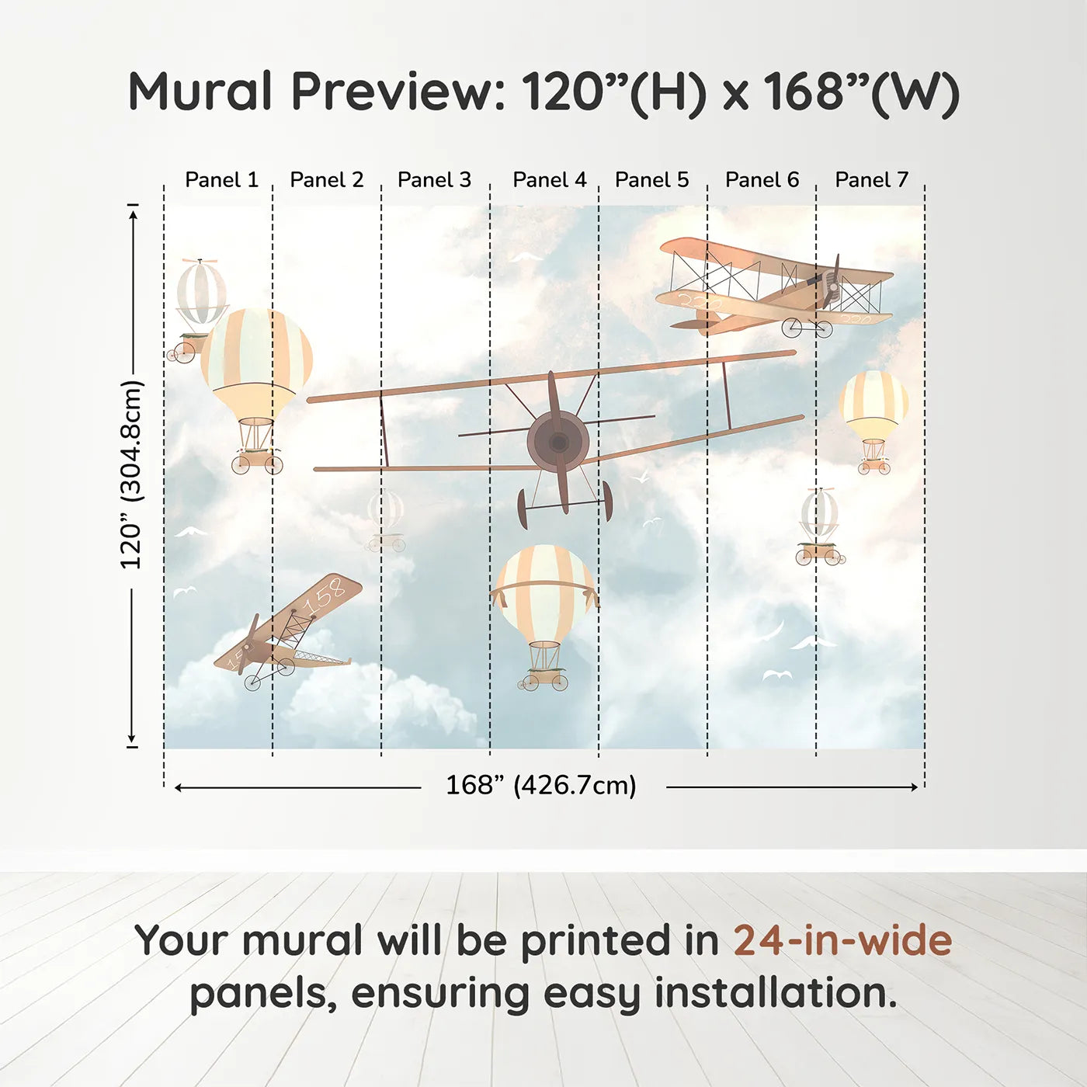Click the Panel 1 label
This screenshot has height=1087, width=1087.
(x=221, y=180)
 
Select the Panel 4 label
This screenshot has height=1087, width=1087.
(x=550, y=180)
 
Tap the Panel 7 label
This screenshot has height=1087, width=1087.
(x=871, y=180)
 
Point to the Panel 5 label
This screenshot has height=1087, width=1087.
(x=651, y=180)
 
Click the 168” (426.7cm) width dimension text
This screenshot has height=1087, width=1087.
(x=540, y=786)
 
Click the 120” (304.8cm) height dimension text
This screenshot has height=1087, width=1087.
(x=131, y=475)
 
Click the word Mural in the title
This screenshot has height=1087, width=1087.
(x=200, y=92)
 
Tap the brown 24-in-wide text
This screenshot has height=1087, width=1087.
(x=842, y=941)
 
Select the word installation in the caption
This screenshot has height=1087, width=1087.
(x=775, y=994)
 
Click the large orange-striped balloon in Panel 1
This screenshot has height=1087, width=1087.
(x=256, y=361)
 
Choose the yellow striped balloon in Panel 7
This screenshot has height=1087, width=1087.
(x=874, y=404)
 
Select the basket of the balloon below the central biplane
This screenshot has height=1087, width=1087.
(x=545, y=678)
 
